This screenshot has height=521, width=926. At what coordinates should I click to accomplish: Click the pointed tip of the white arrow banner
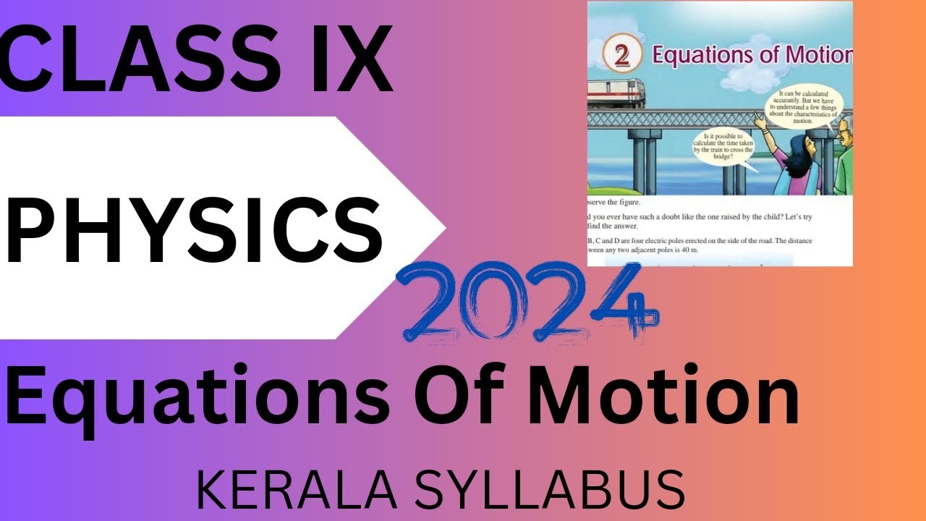[443, 226]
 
